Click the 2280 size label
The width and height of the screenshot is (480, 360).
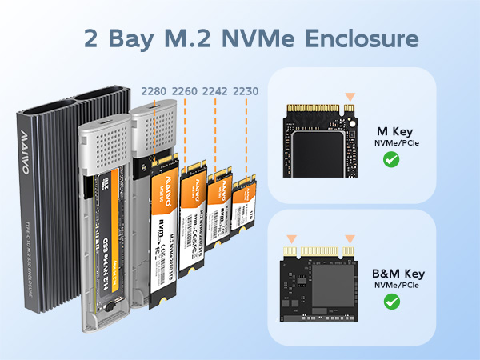coord(154,91)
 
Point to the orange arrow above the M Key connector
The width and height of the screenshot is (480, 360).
coord(348,95)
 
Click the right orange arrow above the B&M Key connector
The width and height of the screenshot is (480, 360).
coord(349,238)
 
